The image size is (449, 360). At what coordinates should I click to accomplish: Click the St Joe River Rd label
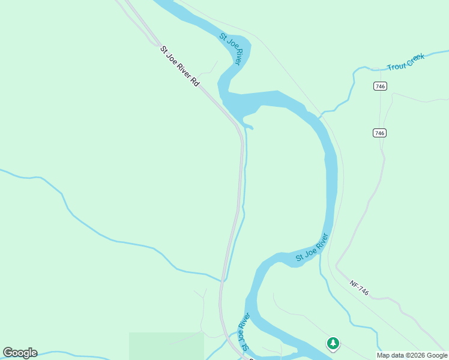[179, 67]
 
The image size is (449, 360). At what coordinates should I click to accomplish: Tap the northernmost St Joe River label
[231, 49]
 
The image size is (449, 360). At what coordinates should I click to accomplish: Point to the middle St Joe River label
[312, 248]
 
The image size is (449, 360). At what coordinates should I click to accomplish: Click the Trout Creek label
[406, 62]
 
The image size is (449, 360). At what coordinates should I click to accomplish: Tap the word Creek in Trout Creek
[415, 59]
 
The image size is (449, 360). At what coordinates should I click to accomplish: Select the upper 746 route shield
[379, 86]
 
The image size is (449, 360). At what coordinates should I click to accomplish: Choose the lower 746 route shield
[379, 133]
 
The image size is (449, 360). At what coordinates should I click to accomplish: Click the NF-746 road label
[359, 288]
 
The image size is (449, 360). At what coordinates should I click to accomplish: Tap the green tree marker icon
[333, 343]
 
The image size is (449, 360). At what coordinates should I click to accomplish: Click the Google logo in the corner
[20, 353]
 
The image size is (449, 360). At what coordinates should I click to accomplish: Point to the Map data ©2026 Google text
[412, 355]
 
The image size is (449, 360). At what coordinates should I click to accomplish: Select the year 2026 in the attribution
[417, 355]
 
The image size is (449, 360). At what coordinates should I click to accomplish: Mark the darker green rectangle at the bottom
[166, 346]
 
